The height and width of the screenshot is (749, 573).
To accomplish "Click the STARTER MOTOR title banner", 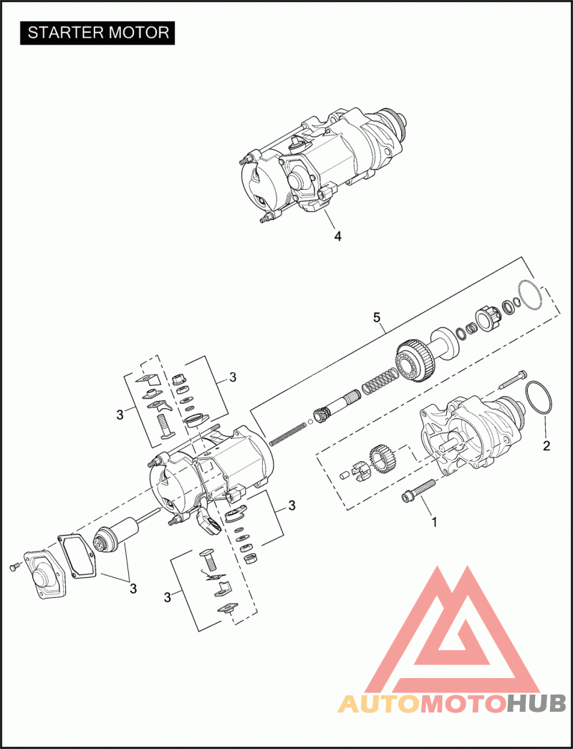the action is [x=97, y=33].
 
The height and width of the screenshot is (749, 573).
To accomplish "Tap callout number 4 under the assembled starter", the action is [x=338, y=236].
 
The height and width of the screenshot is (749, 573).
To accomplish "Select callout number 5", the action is [x=377, y=316].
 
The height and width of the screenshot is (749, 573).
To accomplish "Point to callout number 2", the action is [x=546, y=445].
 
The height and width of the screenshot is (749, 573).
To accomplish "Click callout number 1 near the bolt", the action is [x=435, y=522].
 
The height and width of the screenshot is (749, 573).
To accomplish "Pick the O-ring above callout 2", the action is [x=539, y=398].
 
